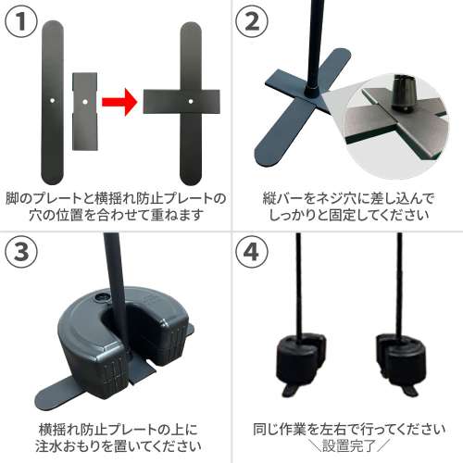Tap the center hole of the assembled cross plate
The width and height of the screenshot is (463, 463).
[x=191, y=96]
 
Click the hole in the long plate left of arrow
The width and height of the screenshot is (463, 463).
[x=54, y=94]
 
